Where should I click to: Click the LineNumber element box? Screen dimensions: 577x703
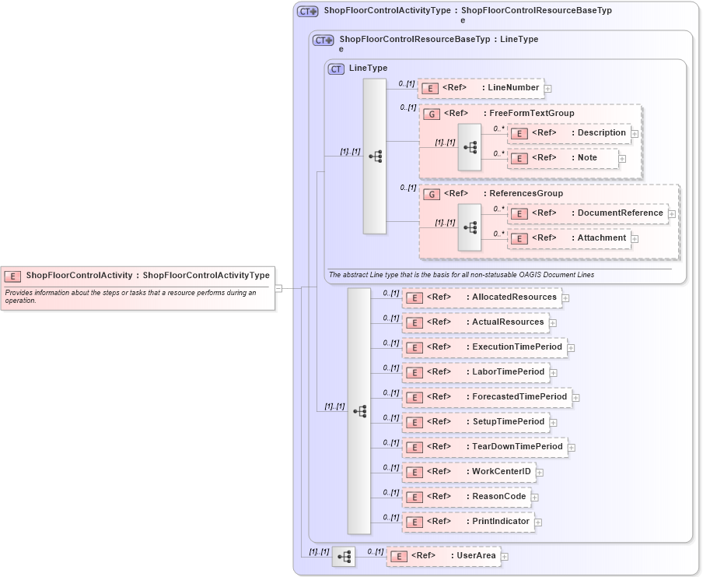[x=481, y=88]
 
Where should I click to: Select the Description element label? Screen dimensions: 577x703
[x=601, y=133]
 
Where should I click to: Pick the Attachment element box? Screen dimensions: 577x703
[x=568, y=238]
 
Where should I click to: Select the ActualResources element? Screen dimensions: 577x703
[x=474, y=322]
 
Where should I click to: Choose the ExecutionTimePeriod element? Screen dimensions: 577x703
[x=484, y=347]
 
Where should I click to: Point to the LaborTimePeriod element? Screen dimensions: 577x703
[x=475, y=372]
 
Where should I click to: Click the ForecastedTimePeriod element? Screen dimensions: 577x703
[x=486, y=397]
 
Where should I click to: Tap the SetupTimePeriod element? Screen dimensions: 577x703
[x=475, y=422]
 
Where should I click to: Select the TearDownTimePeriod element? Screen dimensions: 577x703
[x=484, y=447]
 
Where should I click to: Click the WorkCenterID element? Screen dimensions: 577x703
[x=468, y=472]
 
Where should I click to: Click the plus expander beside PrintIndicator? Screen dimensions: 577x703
[x=538, y=522]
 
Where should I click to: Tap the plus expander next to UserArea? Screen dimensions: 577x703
[x=504, y=557]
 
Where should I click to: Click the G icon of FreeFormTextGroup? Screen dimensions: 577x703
[x=431, y=114]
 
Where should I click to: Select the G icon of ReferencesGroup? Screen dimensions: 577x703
[x=431, y=194]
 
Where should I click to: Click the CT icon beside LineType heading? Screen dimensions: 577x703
[x=336, y=69]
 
